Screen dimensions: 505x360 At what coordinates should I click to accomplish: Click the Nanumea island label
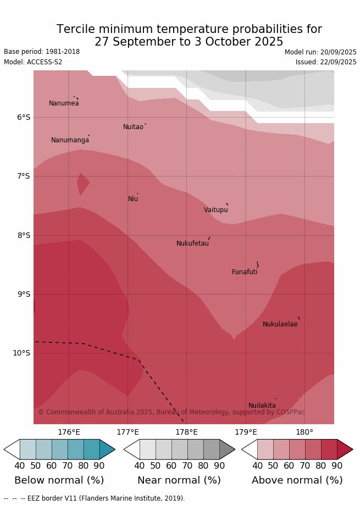pyautogui.click(x=64, y=103)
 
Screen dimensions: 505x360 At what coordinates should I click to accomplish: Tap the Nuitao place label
pyautogui.click(x=133, y=127)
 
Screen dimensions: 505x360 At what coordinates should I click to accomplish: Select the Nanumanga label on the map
pyautogui.click(x=70, y=140)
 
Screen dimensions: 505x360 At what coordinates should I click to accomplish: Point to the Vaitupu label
pyautogui.click(x=215, y=210)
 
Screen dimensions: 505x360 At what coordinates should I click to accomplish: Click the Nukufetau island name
pyautogui.click(x=192, y=243)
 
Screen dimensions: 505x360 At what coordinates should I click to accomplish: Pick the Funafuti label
pyautogui.click(x=245, y=272)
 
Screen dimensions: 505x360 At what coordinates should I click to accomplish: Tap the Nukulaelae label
pyautogui.click(x=280, y=324)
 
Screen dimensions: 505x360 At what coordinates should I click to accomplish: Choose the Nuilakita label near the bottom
pyautogui.click(x=262, y=406)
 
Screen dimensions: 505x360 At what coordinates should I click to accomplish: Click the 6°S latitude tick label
pyautogui.click(x=24, y=117)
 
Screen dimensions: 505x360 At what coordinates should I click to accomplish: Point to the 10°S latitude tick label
pyautogui.click(x=21, y=353)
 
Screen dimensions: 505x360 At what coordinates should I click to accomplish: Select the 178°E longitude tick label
pyautogui.click(x=186, y=432)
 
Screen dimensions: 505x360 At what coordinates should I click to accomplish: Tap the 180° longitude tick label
pyautogui.click(x=304, y=432)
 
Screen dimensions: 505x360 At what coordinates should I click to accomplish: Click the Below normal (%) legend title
pyautogui.click(x=59, y=480)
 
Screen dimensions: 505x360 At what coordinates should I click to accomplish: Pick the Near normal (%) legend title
pyautogui.click(x=179, y=480)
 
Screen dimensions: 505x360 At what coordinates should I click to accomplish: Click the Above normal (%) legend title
pyautogui.click(x=297, y=480)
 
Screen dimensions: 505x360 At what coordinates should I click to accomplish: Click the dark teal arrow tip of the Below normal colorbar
pyautogui.click(x=107, y=449)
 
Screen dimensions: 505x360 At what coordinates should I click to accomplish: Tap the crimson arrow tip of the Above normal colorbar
pyautogui.click(x=344, y=449)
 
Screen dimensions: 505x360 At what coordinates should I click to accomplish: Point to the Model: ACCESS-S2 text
pyautogui.click(x=33, y=62)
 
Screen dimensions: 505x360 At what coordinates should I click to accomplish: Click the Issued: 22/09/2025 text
pyautogui.click(x=326, y=62)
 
